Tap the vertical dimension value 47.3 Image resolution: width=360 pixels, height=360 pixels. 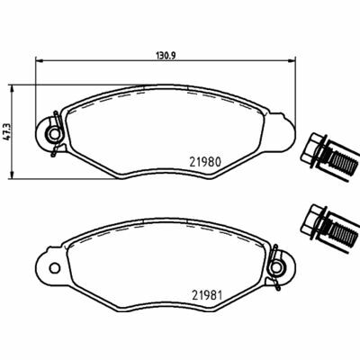point(8,130)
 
